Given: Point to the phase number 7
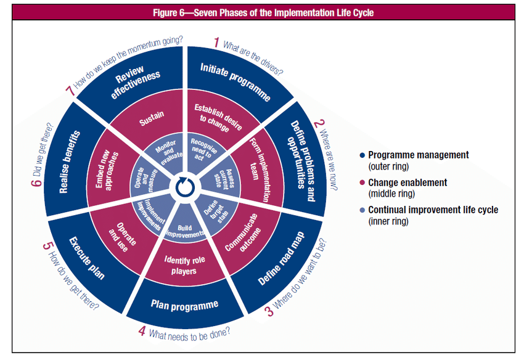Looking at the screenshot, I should (69, 91).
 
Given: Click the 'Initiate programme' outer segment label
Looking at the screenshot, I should (235, 82).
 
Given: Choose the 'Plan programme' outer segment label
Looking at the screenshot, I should (184, 305).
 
